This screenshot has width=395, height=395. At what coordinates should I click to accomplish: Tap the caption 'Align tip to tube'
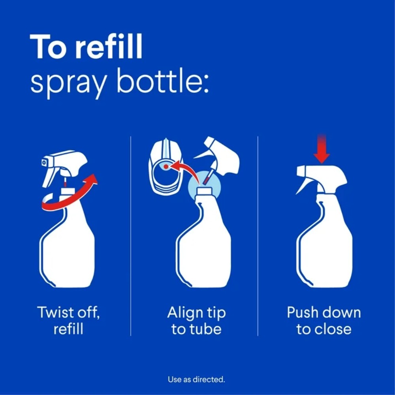tap(196, 320)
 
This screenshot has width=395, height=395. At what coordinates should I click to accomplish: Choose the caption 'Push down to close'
tap(324, 320)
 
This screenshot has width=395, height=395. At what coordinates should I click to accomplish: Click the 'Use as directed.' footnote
tap(196, 380)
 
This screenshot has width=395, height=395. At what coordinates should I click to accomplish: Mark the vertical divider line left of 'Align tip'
tap(131, 237)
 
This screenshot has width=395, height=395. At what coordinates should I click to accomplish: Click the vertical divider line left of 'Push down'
tap(258, 237)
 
